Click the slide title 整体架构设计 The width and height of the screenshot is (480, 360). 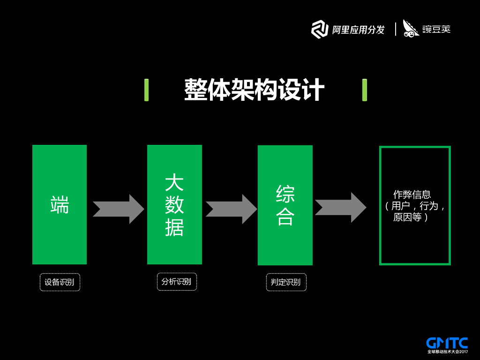click(x=254, y=90)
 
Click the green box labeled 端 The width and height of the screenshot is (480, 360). click(x=60, y=205)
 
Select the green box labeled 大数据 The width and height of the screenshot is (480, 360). click(x=174, y=205)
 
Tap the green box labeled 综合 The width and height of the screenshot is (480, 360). click(x=285, y=205)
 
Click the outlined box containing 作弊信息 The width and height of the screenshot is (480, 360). click(x=415, y=206)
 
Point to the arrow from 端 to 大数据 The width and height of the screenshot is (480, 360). click(x=118, y=209)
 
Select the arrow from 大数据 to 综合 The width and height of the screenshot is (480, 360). click(x=231, y=209)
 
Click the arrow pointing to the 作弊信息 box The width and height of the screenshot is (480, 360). click(x=340, y=207)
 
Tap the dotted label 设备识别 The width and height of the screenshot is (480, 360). click(x=60, y=283)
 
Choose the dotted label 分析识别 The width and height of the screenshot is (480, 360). click(x=176, y=282)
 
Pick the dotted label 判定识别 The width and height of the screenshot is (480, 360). click(x=286, y=283)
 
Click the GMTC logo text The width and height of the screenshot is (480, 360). click(x=447, y=343)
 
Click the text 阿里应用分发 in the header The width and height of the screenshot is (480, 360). click(x=358, y=30)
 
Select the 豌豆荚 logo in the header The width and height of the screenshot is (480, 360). click(x=427, y=29)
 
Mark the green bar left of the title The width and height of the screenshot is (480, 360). click(x=147, y=90)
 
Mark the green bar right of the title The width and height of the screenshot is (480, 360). click(x=365, y=90)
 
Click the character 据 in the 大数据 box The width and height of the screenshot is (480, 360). click(x=174, y=227)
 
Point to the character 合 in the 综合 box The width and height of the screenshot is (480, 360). click(x=285, y=217)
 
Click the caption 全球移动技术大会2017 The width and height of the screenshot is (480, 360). click(x=448, y=352)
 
